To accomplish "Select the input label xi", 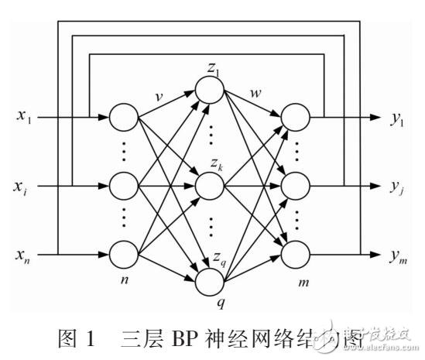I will pyautogui.click(x=23, y=187).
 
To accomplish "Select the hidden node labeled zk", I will pyautogui.click(x=210, y=186).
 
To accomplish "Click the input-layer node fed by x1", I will pyautogui.click(x=124, y=118).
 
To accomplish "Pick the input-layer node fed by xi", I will pyautogui.click(x=124, y=186).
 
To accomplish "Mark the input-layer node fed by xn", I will pyautogui.click(x=124, y=254).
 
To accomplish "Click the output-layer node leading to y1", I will pyautogui.click(x=295, y=118).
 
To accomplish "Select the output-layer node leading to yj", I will pyautogui.click(x=295, y=186).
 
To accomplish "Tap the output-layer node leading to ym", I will pyautogui.click(x=295, y=254).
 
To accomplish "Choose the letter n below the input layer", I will pyautogui.click(x=125, y=279).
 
